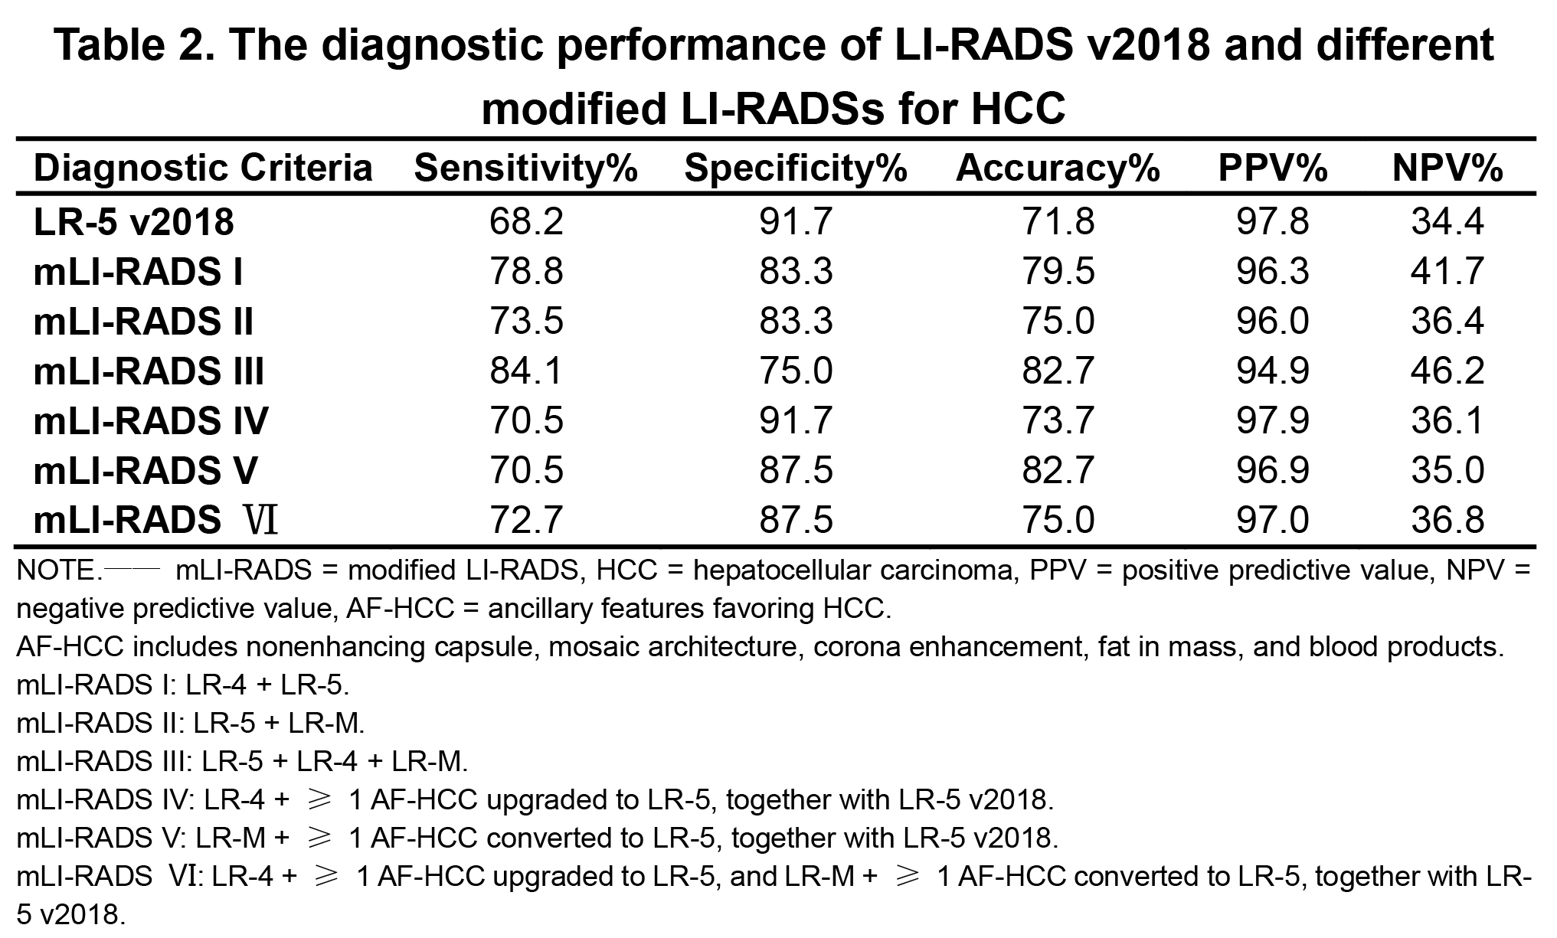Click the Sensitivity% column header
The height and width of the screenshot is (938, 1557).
pyautogui.click(x=525, y=168)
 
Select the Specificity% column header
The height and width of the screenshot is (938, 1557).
pyautogui.click(x=796, y=168)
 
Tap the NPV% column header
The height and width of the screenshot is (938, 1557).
pyautogui.click(x=1447, y=168)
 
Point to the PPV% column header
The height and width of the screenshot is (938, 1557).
pyautogui.click(x=1272, y=168)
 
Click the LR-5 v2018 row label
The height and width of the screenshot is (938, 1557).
pyautogui.click(x=134, y=222)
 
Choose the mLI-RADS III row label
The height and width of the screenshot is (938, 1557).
pyautogui.click(x=149, y=371)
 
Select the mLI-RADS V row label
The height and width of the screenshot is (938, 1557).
pyautogui.click(x=146, y=470)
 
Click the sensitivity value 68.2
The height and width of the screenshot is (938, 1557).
pyautogui.click(x=526, y=222)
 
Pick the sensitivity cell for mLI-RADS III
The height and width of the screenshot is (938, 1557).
pyautogui.click(x=526, y=371)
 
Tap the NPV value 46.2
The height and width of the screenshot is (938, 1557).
pyautogui.click(x=1447, y=371)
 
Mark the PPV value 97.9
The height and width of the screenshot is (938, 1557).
pyautogui.click(x=1272, y=420)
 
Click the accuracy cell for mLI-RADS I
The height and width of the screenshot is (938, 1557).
pyautogui.click(x=1058, y=272)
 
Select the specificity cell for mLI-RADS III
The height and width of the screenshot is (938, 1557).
pyautogui.click(x=796, y=371)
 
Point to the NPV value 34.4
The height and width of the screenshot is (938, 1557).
pyautogui.click(x=1447, y=222)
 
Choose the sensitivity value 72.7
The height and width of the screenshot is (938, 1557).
pyautogui.click(x=526, y=520)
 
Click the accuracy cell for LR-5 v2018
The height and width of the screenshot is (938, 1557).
pyautogui.click(x=1058, y=222)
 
